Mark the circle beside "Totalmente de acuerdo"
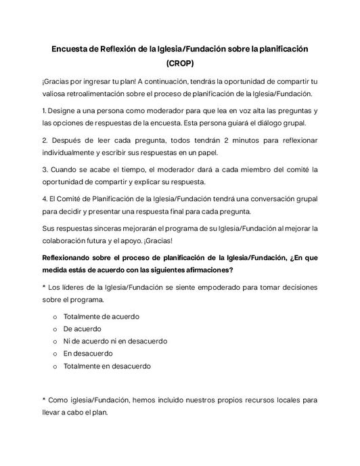pos(55,316)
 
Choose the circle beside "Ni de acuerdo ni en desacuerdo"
pos(55,341)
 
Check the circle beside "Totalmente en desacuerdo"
pos(55,366)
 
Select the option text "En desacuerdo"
pos(89,353)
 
